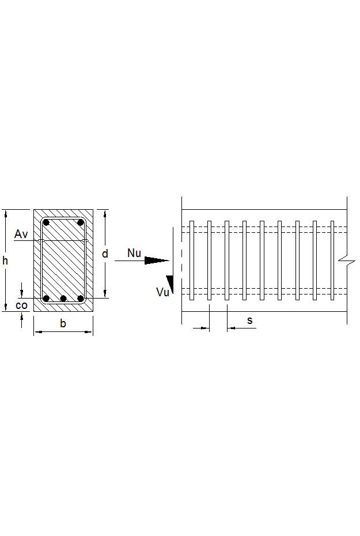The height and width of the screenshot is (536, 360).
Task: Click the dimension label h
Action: pyautogui.click(x=5, y=261)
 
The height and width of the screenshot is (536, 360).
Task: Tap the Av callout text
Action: pyautogui.click(x=21, y=234)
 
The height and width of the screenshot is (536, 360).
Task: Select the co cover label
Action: pyautogui.click(x=21, y=305)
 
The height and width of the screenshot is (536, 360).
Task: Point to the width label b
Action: pyautogui.click(x=63, y=323)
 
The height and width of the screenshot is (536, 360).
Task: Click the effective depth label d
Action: pyautogui.click(x=105, y=254)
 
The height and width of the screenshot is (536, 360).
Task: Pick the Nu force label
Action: pyautogui.click(x=134, y=253)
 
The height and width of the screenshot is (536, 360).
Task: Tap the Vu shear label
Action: pyautogui.click(x=162, y=292)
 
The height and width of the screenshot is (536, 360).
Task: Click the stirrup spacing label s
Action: pyautogui.click(x=249, y=320)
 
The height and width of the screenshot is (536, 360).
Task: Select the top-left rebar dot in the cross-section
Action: pyautogui.click(x=47, y=222)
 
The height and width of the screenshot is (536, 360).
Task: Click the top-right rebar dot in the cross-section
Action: pyautogui.click(x=81, y=222)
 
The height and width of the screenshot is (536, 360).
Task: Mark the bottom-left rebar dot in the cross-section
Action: pyautogui.click(x=46, y=298)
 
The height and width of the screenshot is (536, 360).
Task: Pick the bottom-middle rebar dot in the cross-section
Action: pyautogui.click(x=63, y=299)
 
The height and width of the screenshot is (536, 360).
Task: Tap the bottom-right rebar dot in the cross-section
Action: pyautogui.click(x=81, y=299)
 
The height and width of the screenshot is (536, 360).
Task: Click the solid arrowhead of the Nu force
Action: pyautogui.click(x=156, y=261)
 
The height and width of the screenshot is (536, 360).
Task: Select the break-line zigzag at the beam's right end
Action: pyautogui.click(x=343, y=261)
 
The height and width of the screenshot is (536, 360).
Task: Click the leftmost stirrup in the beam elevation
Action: pyautogui.click(x=192, y=260)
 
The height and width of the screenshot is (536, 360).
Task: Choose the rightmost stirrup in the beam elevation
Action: pyautogui.click(x=332, y=260)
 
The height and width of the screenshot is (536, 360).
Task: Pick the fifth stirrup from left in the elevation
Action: pyautogui.click(x=262, y=260)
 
